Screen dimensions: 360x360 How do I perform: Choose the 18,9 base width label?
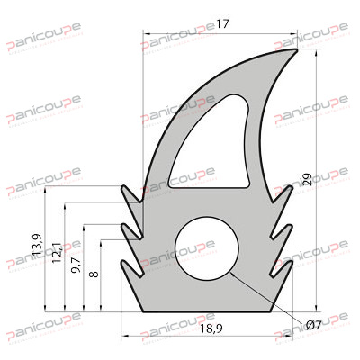(x=212, y=331)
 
